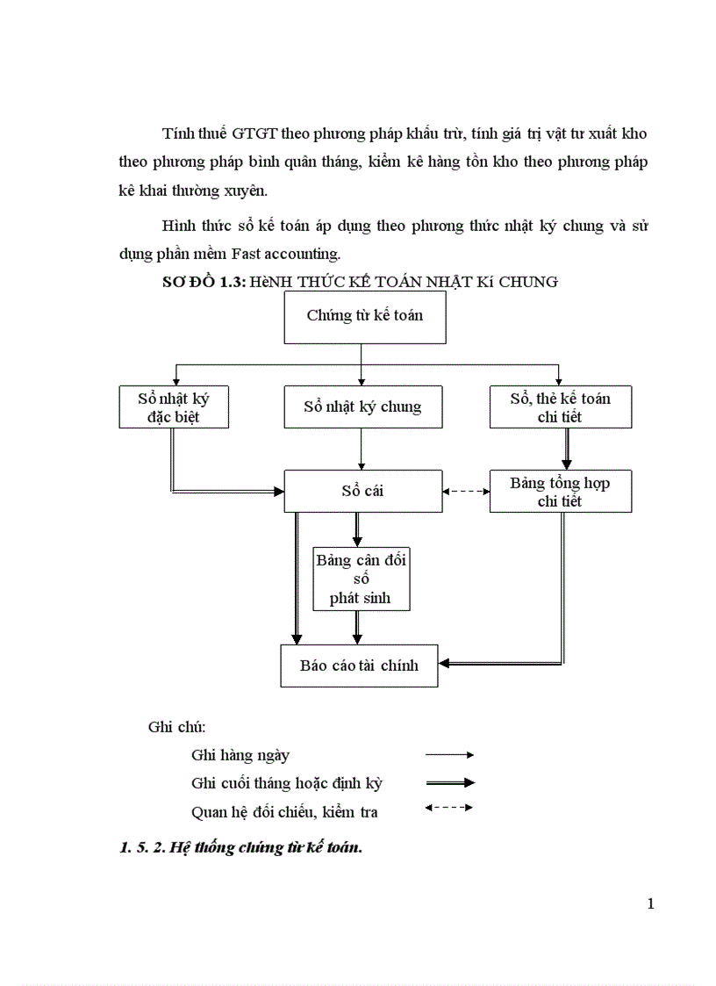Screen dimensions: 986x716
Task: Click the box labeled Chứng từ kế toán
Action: [x=365, y=316]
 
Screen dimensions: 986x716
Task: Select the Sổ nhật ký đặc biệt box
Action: [x=174, y=407]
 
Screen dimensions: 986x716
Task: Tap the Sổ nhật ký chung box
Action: [x=362, y=407]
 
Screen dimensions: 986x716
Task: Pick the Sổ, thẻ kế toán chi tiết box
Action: [x=560, y=407]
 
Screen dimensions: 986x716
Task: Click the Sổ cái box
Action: [x=362, y=491]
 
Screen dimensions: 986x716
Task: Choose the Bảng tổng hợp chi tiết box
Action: [x=560, y=492]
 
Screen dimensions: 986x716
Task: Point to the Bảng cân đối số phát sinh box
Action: [x=361, y=579]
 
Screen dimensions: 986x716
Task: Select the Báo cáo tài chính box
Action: [x=359, y=666]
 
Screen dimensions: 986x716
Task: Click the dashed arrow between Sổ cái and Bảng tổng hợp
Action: [x=466, y=492]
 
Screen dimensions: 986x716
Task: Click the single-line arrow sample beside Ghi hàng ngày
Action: [x=449, y=754]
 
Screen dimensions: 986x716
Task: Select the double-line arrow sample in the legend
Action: [x=449, y=782]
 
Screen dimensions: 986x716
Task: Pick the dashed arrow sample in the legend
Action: [x=449, y=808]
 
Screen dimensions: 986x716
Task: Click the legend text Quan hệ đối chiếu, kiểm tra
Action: [x=284, y=812]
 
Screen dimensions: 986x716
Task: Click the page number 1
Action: [x=650, y=904]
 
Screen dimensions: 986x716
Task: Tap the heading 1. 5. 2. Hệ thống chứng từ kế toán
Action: [x=240, y=849]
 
